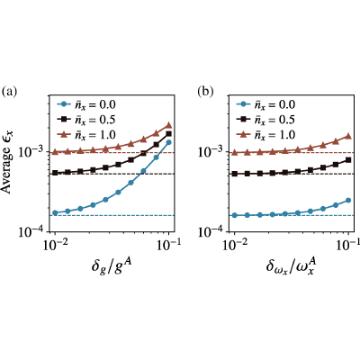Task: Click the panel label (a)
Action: [x=9, y=92]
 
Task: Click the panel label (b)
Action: [x=205, y=92]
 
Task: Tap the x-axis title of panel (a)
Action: [x=112, y=266]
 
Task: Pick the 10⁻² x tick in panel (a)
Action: [x=55, y=246]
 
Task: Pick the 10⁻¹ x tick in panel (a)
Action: [x=168, y=246]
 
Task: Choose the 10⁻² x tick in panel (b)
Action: [x=235, y=246]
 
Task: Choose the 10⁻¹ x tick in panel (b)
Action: [x=348, y=246]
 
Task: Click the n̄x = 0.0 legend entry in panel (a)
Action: [x=86, y=105]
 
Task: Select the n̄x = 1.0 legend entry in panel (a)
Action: [x=86, y=135]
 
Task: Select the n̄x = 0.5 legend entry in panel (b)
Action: [x=265, y=120]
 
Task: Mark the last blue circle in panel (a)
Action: [x=168, y=142]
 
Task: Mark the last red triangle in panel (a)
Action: [x=168, y=125]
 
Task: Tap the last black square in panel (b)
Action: [x=348, y=160]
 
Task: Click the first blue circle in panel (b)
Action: [x=235, y=215]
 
